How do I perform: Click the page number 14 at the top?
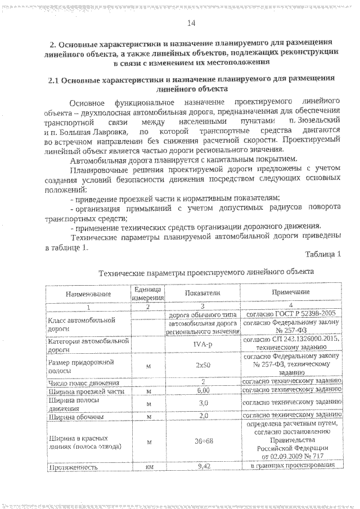pos(190,22)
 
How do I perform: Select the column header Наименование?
pos(87,294)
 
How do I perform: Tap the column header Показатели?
pos(202,293)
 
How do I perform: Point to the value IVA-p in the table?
pos(202,344)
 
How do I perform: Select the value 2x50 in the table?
pos(202,365)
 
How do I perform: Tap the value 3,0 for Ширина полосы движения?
pos(202,404)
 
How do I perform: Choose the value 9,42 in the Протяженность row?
pos(202,467)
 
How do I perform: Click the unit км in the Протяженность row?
pos(148,467)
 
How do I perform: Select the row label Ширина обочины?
pos(74,417)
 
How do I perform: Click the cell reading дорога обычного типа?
pos(202,315)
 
